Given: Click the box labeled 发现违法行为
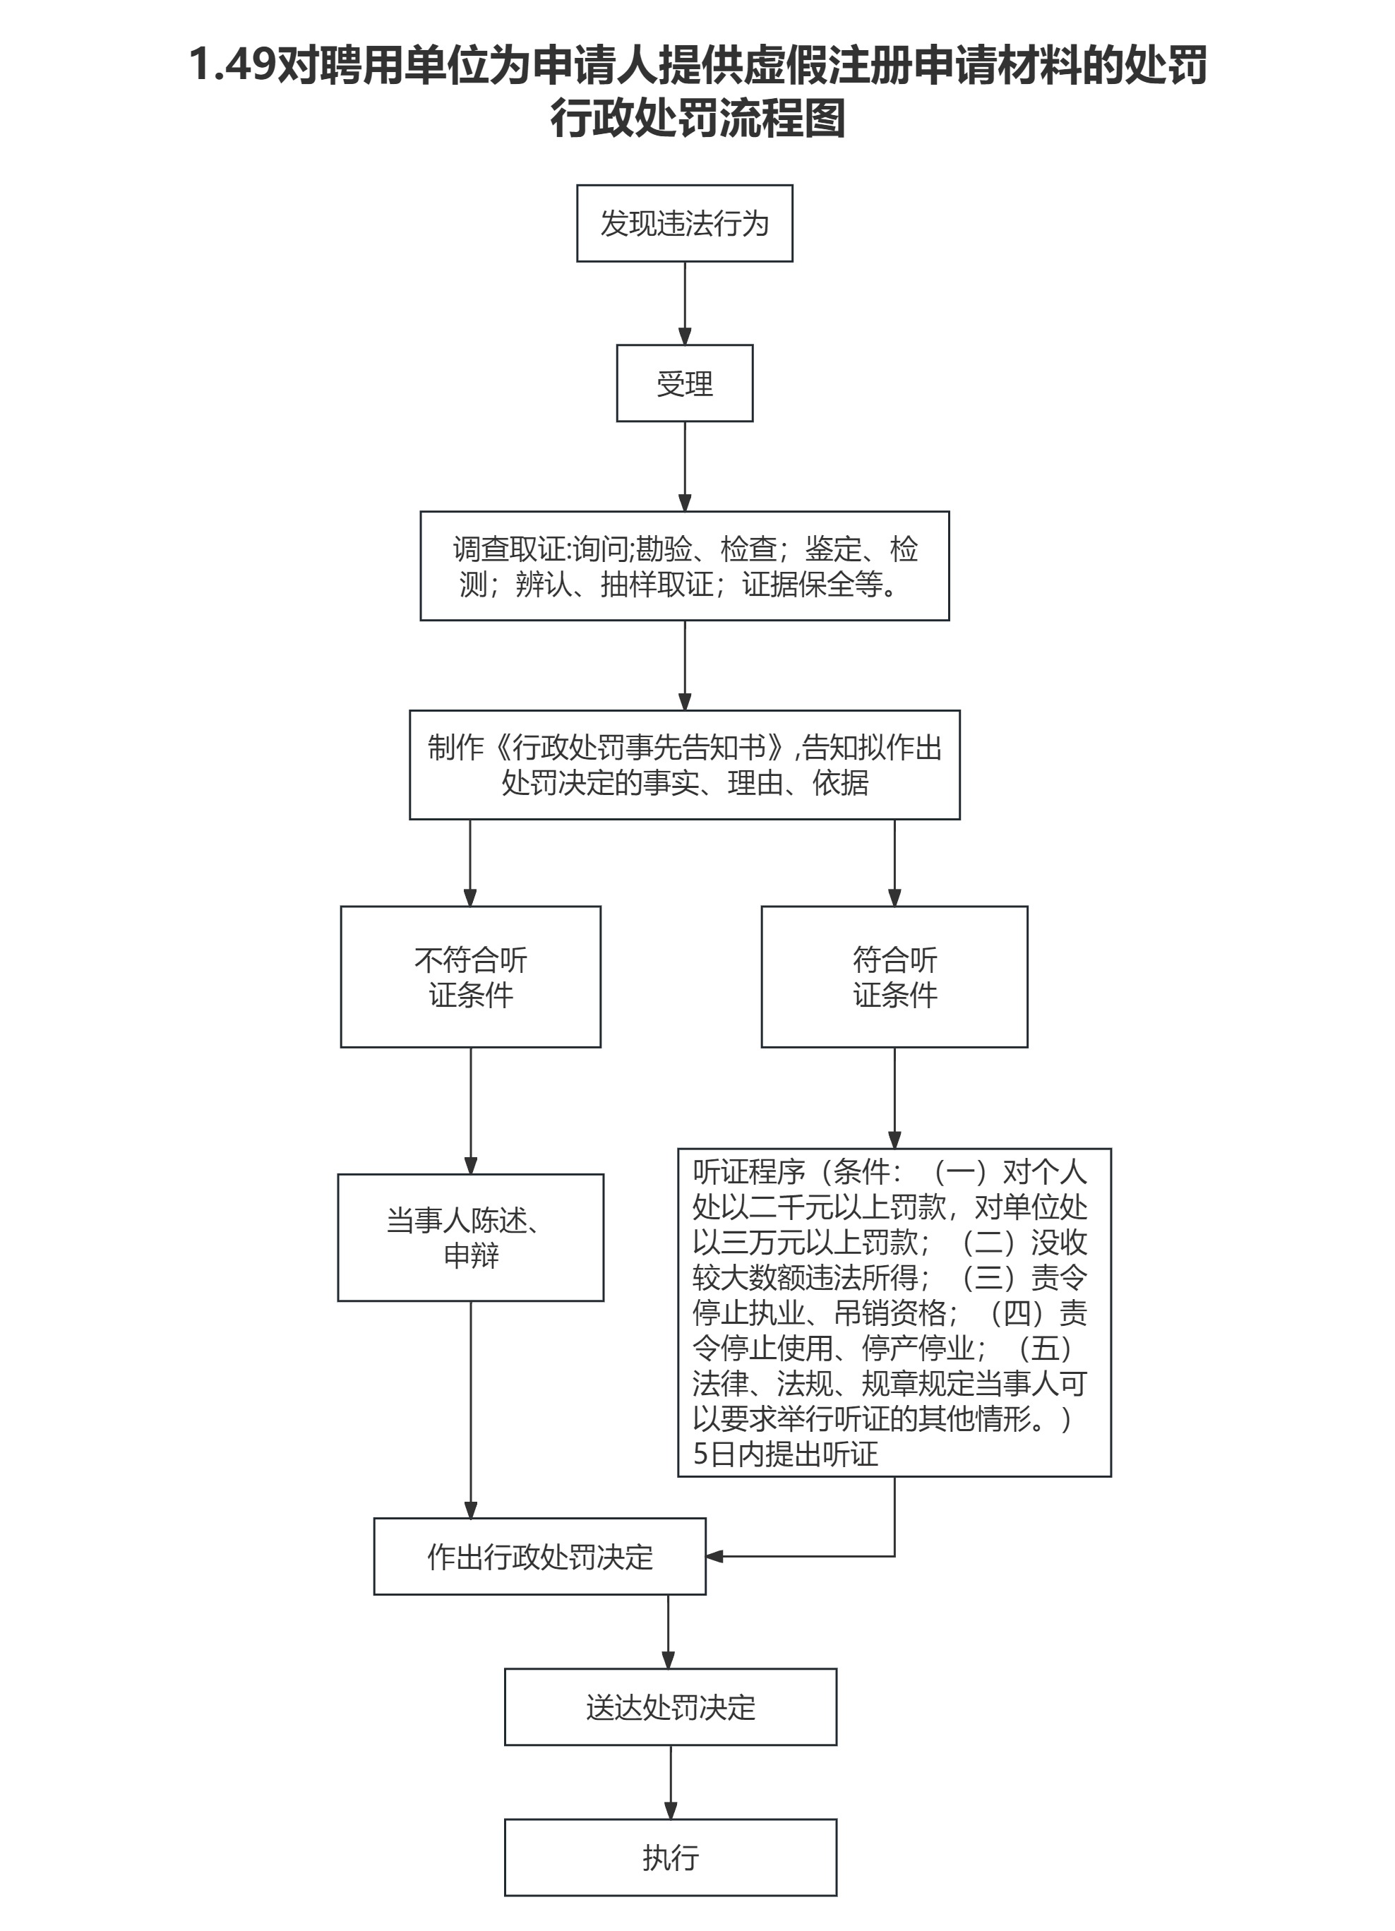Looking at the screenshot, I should pyautogui.click(x=684, y=223).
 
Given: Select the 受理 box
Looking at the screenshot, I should pyautogui.click(x=684, y=383).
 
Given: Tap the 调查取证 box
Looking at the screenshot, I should pyautogui.click(x=684, y=566).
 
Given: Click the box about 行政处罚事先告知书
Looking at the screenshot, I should pyautogui.click(x=684, y=765).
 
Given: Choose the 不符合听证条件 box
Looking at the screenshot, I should pyautogui.click(x=471, y=976).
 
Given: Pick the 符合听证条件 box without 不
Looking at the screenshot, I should pyautogui.click(x=894, y=976).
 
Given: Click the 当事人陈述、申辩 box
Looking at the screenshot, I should pyautogui.click(x=471, y=1237).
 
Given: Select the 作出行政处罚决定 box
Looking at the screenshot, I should pyautogui.click(x=539, y=1556).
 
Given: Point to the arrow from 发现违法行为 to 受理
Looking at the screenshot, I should pyautogui.click(x=684, y=303).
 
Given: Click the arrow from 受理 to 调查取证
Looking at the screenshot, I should pyautogui.click(x=684, y=466).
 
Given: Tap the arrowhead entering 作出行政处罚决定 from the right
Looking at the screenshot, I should pyautogui.click(x=715, y=1556).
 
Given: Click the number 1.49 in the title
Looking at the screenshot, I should pyautogui.click(x=232, y=65).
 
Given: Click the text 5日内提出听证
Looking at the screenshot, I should pyautogui.click(x=785, y=1454).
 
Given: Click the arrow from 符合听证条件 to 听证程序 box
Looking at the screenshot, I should pyautogui.click(x=894, y=1097).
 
